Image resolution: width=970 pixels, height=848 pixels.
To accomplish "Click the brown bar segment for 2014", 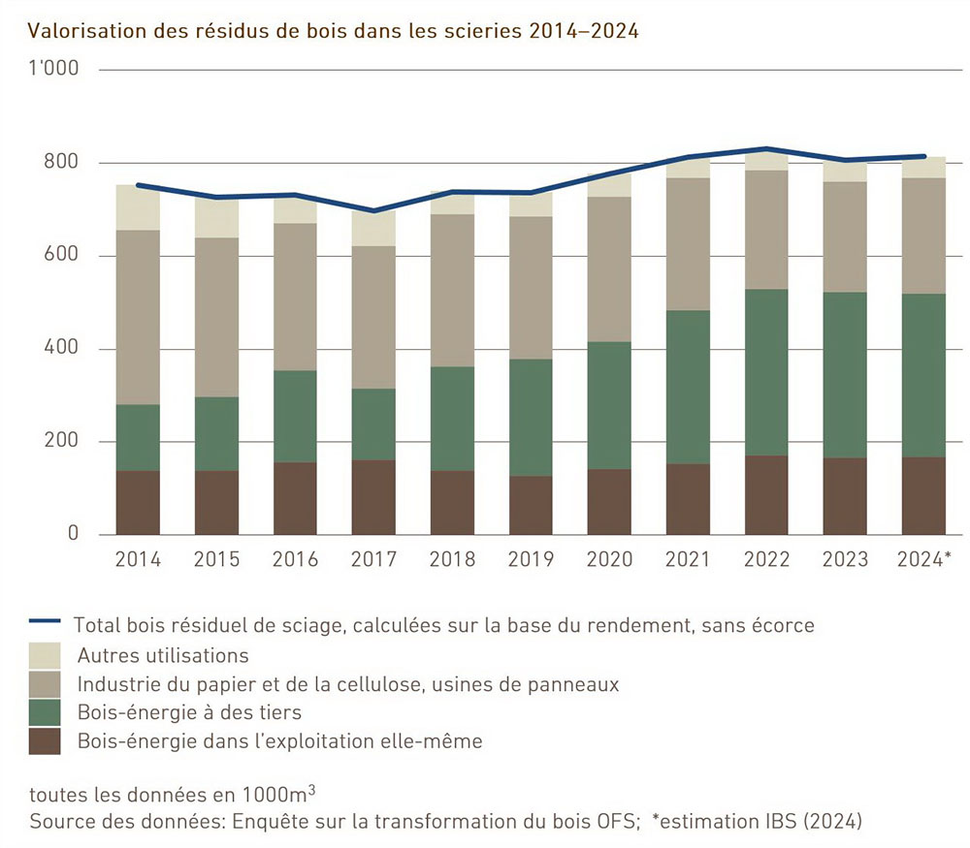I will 138,502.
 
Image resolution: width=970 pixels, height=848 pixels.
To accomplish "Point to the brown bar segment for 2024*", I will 923,495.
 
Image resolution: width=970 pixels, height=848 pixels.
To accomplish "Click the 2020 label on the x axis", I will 609,559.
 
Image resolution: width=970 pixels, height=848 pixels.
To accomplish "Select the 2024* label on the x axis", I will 923,559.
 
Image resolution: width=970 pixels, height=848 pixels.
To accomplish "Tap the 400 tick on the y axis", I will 61,349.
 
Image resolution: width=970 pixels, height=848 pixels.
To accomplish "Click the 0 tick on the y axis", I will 72,534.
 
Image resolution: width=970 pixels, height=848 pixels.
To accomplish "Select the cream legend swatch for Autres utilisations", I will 45,655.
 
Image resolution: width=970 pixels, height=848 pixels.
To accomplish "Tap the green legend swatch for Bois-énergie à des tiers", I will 45,712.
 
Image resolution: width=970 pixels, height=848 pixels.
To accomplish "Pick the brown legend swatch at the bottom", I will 45,741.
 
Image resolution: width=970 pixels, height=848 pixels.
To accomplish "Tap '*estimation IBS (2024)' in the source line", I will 758,822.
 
